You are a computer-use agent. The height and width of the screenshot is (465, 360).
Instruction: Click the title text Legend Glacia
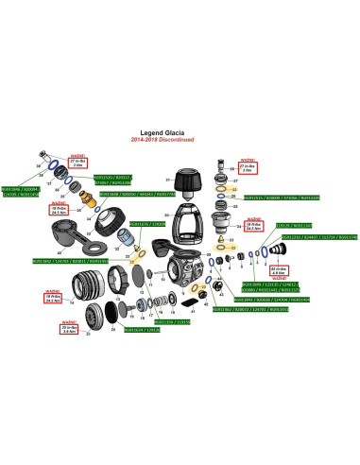point(179,132)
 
